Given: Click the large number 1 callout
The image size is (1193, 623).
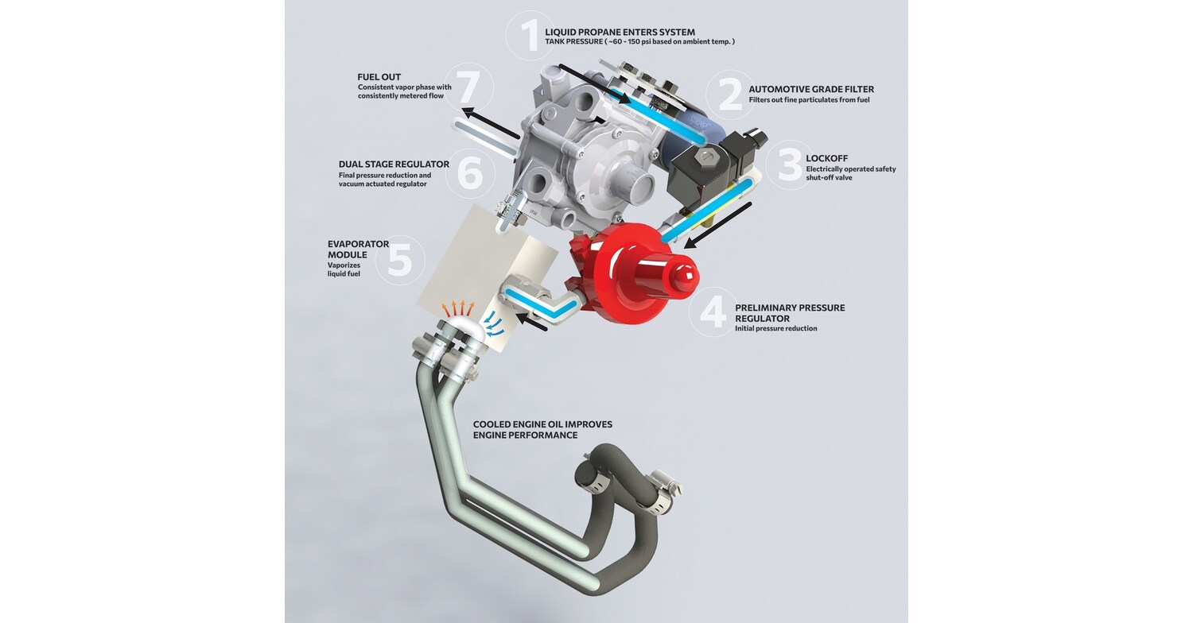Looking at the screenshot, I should coord(529,35).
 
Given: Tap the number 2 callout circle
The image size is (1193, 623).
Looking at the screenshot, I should coord(729,95).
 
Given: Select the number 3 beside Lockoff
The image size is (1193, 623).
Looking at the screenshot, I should coord(790,164).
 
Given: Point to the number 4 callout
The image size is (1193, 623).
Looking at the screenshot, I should coord(712,312).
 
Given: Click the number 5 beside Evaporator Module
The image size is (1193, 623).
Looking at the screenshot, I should coord(399,259).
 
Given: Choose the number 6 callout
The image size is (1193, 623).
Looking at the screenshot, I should coord(470,172).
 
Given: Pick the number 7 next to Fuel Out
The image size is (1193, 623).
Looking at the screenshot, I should coord(469,87).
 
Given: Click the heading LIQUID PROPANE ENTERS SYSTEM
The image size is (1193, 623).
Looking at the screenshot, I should coord(620,32).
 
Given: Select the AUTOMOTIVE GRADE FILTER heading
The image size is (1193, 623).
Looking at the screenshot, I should coord(810,90).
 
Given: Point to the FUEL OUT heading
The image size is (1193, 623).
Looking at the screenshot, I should coord(379,77).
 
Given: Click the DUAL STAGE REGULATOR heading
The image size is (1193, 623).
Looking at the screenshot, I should coord(394,164).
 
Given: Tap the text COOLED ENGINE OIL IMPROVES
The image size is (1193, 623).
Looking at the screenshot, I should coord(542,424).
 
